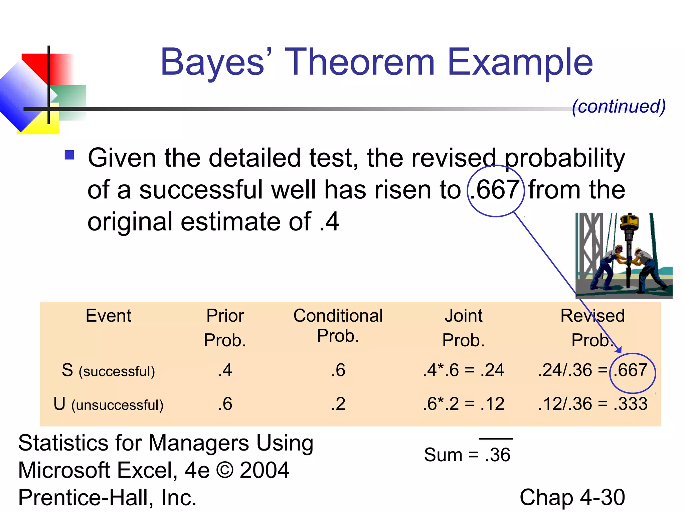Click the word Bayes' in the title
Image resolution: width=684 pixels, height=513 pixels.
coord(215,62)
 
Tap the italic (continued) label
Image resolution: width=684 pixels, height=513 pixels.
coord(619,107)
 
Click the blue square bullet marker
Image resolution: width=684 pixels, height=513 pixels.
coord(69,155)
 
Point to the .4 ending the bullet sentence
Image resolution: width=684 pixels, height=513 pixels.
coord(329,221)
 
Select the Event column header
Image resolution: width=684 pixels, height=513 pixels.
coord(108,316)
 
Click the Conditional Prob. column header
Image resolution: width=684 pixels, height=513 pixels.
coord(338,325)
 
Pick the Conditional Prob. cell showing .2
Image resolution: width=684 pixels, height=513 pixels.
coord(338,404)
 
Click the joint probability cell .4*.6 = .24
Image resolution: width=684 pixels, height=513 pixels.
coord(463,370)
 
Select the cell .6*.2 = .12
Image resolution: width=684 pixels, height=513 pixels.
coord(463,404)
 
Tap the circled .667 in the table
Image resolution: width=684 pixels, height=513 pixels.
coord(632,371)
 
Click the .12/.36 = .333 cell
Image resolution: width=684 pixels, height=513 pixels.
coord(592,404)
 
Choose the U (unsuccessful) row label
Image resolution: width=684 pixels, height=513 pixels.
coord(108,404)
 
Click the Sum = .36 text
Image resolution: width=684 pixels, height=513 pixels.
coord(467,455)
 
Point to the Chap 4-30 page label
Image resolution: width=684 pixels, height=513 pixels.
coord(572,497)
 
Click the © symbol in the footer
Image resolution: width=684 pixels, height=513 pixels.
coord(225,470)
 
